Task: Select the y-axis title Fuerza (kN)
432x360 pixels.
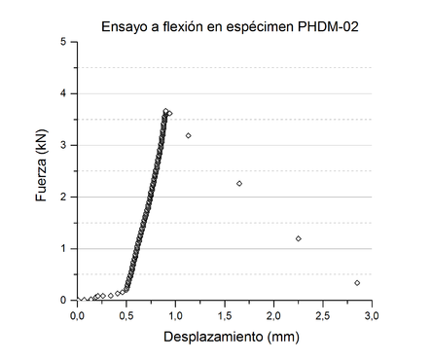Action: coord(41,171)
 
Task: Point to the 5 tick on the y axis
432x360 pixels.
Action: coord(64,42)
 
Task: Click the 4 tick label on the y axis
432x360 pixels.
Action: coord(64,93)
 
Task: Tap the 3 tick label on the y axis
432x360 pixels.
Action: coord(64,145)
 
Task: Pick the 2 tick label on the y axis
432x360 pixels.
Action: coord(64,197)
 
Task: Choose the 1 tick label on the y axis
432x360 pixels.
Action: coord(64,248)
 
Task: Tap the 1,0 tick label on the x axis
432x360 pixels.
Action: coord(176,314)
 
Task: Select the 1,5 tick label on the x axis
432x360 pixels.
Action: coord(226,314)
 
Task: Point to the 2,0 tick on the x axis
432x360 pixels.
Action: coord(275,314)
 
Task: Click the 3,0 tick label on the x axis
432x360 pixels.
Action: coord(375,314)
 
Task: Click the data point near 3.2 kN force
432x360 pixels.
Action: coord(189,135)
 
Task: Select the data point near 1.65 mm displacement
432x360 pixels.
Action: coord(239,183)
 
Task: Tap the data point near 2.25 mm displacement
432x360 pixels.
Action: coord(299,238)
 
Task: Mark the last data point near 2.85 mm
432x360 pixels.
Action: coord(358,283)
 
